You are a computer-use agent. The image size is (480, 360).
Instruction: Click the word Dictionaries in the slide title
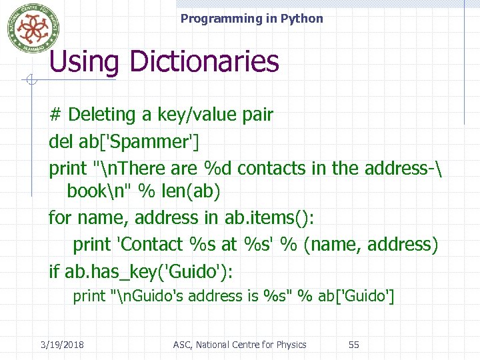(x=205, y=61)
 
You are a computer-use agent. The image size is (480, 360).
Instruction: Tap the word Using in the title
(x=84, y=61)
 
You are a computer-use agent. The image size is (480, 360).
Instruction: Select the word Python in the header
(x=303, y=19)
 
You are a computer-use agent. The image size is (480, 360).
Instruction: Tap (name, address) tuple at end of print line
(x=371, y=244)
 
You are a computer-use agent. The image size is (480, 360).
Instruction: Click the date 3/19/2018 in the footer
(x=62, y=345)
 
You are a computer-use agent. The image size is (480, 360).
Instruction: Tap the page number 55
(x=354, y=345)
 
